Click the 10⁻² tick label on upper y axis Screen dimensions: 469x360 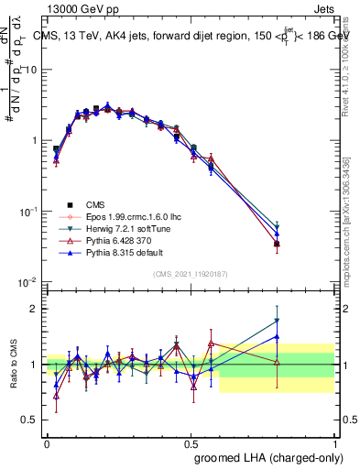pyautogui.click(x=28, y=282)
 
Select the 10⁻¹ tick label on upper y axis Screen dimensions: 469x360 pyautogui.click(x=28, y=212)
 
